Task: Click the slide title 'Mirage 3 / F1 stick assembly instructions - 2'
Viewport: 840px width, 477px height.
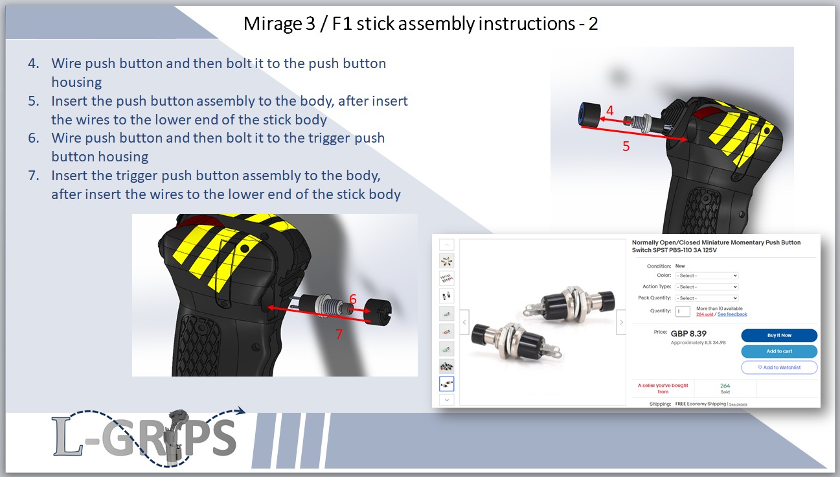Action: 420,24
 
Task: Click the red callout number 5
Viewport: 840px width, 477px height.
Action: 626,146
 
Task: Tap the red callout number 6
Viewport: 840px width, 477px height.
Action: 353,299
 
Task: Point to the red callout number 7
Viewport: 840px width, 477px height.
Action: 338,334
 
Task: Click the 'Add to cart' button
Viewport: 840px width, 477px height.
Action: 779,351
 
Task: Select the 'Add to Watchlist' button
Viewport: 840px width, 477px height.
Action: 779,367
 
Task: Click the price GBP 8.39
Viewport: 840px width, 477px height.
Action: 688,334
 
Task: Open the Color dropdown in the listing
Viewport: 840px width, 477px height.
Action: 707,275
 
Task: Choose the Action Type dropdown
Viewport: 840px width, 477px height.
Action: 707,286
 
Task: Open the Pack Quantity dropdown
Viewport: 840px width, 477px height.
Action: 707,298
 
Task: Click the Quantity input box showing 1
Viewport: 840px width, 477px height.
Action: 683,311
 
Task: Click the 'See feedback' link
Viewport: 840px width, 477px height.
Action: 732,314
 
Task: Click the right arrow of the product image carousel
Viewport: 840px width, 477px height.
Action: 621,322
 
